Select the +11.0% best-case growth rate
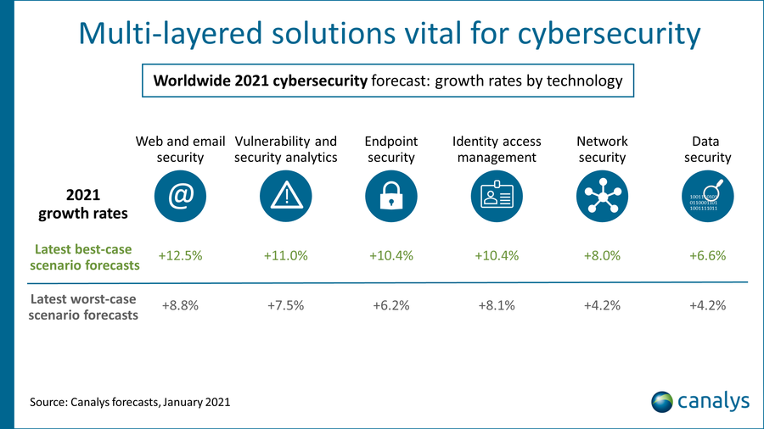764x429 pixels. pyautogui.click(x=285, y=256)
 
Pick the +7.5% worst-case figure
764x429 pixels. pyautogui.click(x=285, y=306)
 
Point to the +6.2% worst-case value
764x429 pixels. pyautogui.click(x=391, y=306)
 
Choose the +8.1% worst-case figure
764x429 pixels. pyautogui.click(x=497, y=306)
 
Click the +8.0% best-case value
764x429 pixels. pyautogui.click(x=602, y=256)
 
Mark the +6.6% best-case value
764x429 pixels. pyautogui.click(x=707, y=256)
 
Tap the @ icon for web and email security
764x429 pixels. pyautogui.click(x=180, y=196)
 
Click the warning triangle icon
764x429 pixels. pyautogui.click(x=286, y=196)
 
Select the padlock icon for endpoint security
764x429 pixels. pyautogui.click(x=391, y=196)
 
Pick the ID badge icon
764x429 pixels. pyautogui.click(x=497, y=196)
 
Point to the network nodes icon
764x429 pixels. pyautogui.click(x=602, y=196)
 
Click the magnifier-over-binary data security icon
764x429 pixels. pyautogui.click(x=707, y=196)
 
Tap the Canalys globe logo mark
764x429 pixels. pyautogui.click(x=662, y=400)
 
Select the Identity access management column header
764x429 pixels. pyautogui.click(x=497, y=149)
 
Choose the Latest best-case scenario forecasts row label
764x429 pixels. pyautogui.click(x=87, y=257)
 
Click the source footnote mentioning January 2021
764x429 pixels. pyautogui.click(x=130, y=402)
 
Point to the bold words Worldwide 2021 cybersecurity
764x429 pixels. pyautogui.click(x=260, y=82)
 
